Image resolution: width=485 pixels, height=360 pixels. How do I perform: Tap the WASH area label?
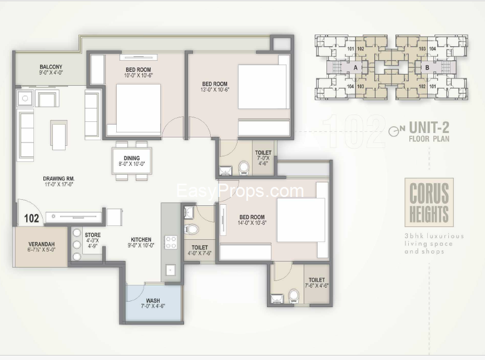(153, 301)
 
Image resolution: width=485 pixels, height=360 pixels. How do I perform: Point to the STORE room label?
(93, 235)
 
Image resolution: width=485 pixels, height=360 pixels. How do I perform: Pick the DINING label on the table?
(131, 157)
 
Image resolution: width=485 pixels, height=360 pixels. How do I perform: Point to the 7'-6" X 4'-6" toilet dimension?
(316, 287)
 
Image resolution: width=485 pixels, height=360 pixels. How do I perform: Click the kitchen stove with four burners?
(171, 242)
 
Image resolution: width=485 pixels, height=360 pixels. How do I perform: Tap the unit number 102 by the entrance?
(32, 218)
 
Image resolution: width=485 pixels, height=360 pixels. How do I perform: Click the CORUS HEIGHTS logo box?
(429, 203)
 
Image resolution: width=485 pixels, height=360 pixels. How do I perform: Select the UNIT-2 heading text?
(429, 128)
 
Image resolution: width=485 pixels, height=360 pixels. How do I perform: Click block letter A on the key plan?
(355, 67)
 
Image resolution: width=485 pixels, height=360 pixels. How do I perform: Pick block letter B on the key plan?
(427, 67)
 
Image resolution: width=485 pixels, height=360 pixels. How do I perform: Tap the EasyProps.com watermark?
(240, 191)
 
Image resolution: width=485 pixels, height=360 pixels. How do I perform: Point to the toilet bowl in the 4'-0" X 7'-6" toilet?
(191, 229)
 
